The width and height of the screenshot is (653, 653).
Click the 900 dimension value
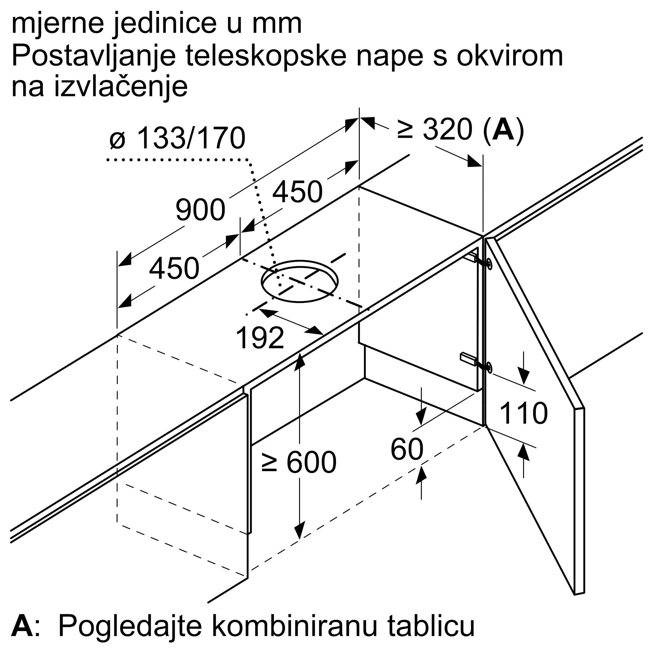(200, 210)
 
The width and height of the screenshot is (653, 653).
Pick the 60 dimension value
(406, 449)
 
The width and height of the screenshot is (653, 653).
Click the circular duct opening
(299, 281)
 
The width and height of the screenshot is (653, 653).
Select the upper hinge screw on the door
(488, 263)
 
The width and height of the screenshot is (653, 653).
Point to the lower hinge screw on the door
(488, 367)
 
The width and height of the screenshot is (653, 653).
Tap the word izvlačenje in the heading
(121, 87)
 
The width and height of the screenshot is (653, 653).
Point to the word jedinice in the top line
(165, 24)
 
